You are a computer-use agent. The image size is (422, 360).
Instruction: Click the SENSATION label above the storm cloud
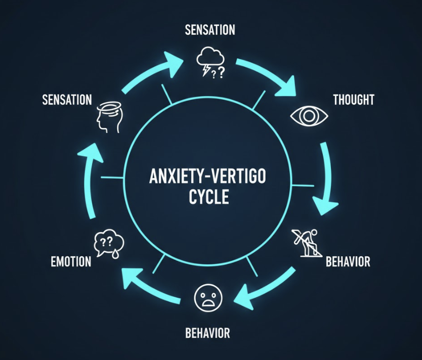coord(210,29)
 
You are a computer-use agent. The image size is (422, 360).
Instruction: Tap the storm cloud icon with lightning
coord(210,62)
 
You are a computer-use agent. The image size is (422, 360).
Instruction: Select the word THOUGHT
coord(354,100)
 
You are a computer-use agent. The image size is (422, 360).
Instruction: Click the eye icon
coord(309,116)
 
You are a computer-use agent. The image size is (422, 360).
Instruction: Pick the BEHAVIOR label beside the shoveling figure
coord(348,261)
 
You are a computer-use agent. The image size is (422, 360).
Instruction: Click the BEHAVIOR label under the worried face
coord(207,333)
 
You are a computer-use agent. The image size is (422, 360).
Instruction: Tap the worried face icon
coord(208,298)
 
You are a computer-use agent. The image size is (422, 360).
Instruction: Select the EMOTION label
coord(71,261)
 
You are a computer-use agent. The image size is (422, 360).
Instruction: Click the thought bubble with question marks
coord(109,244)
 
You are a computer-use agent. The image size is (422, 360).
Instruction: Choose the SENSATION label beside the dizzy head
coord(67,100)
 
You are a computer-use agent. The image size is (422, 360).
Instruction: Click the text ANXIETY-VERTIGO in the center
coord(207,176)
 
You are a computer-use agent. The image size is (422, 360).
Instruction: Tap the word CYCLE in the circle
coord(209,197)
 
